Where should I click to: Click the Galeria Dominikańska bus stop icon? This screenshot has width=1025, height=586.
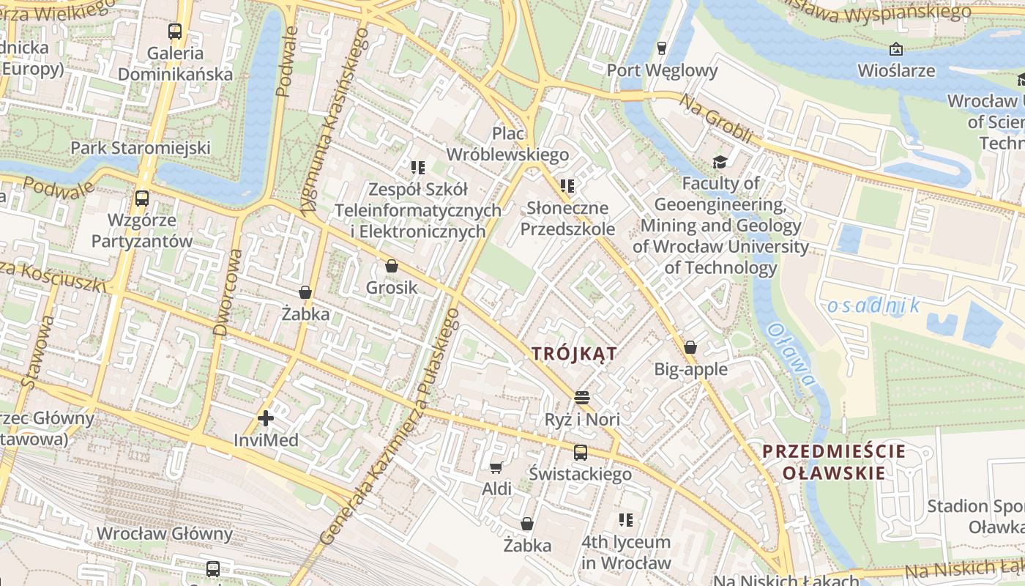(174, 31)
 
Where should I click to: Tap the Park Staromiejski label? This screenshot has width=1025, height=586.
(141, 148)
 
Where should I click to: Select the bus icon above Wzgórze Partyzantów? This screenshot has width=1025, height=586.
(142, 198)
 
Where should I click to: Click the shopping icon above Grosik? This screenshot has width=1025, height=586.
(392, 266)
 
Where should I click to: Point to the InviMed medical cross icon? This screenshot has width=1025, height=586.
(266, 418)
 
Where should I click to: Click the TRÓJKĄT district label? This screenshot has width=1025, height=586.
(574, 354)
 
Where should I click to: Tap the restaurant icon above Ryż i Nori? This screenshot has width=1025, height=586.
(582, 398)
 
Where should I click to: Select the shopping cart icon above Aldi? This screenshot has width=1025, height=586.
(496, 467)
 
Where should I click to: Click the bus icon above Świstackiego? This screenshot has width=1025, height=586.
(580, 452)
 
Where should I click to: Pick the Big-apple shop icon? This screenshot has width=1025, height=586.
(690, 347)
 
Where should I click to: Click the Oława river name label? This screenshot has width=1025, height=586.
(791, 355)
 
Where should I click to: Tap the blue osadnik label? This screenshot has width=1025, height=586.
(873, 305)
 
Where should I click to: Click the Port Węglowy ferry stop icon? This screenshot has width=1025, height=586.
(662, 48)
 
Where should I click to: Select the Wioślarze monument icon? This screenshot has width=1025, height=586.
(895, 49)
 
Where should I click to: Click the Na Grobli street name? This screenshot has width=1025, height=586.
(716, 119)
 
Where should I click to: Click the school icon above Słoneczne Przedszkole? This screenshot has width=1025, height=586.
(566, 186)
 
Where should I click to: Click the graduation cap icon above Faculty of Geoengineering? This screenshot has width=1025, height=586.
(720, 162)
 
